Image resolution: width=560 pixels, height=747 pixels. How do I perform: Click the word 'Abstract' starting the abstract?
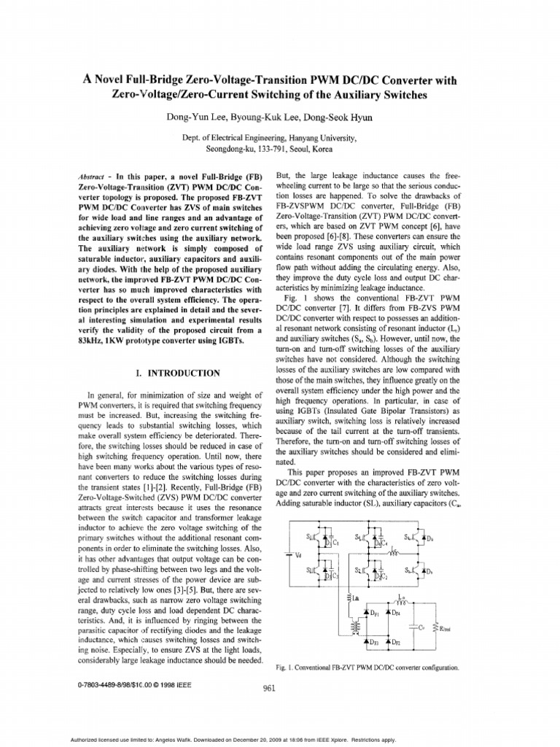tap(90, 177)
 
